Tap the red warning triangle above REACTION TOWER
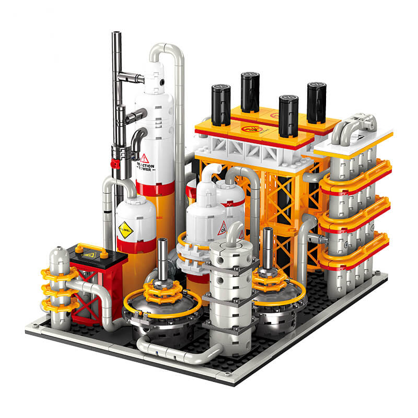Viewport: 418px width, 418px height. [x=145, y=158]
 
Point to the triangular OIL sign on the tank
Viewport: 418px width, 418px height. [x=223, y=228]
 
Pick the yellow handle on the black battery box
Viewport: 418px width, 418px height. [x=95, y=248]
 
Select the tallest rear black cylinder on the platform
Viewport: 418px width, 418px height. [x=250, y=91]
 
